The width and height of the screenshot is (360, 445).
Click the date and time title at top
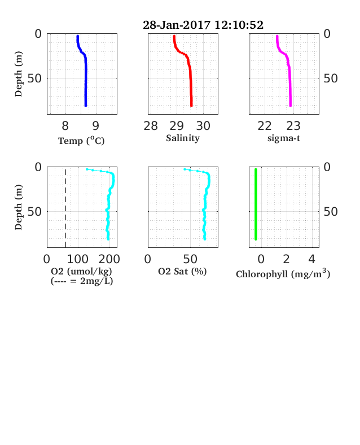(203, 25)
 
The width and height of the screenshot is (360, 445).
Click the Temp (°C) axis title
(81, 141)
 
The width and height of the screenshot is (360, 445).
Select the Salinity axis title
(183, 138)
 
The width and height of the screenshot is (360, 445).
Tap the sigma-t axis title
(284, 138)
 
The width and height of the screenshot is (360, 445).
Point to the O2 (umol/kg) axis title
(82, 271)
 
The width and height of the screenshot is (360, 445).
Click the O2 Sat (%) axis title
(182, 271)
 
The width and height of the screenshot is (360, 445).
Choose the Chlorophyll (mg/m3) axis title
(283, 273)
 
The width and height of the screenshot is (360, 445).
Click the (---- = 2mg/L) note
(82, 281)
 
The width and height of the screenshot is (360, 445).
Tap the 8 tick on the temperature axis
(65, 126)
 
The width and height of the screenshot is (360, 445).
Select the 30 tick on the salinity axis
(203, 126)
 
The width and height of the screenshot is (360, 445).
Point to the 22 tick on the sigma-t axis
(265, 126)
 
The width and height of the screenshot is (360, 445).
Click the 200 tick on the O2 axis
(109, 259)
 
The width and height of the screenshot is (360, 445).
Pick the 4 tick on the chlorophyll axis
(312, 259)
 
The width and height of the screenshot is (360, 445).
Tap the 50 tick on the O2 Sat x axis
(190, 259)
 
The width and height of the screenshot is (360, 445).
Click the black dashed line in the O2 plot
(66, 208)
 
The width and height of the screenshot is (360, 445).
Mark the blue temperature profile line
(86, 71)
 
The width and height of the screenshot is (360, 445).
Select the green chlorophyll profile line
(256, 204)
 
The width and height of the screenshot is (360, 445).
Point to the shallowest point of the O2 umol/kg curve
(87, 169)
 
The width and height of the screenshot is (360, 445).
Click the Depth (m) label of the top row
(19, 74)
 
